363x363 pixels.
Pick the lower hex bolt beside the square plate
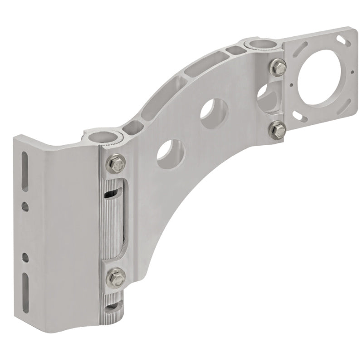275,130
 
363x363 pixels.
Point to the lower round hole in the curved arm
170,154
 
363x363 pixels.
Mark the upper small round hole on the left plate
25,207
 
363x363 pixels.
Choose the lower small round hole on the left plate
25,257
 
